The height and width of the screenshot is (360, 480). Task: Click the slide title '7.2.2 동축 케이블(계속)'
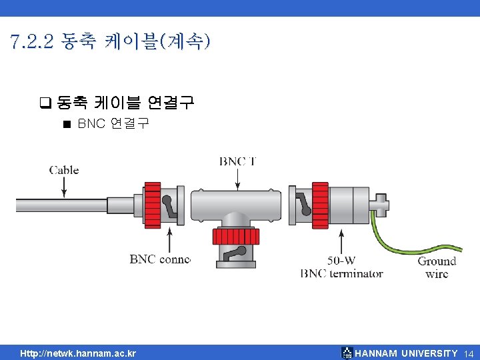111,43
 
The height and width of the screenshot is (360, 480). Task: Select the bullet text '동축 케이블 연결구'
125,102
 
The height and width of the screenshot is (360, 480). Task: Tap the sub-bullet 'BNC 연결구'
113,123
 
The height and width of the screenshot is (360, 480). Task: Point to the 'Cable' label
64,170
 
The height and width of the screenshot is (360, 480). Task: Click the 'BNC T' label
237,161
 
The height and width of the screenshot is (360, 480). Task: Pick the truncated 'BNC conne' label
160,259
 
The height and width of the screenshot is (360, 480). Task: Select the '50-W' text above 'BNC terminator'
341,261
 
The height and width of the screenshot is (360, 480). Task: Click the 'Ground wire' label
437,267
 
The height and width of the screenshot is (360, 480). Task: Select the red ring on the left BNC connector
153,205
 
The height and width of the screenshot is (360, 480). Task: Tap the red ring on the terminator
321,205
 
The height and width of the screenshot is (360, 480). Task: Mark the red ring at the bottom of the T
231,236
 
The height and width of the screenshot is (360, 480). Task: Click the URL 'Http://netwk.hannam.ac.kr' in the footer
78,353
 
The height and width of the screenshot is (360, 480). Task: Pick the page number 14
468,353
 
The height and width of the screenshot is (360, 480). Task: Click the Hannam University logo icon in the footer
347,353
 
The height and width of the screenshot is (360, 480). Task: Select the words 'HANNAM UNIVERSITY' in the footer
407,353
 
